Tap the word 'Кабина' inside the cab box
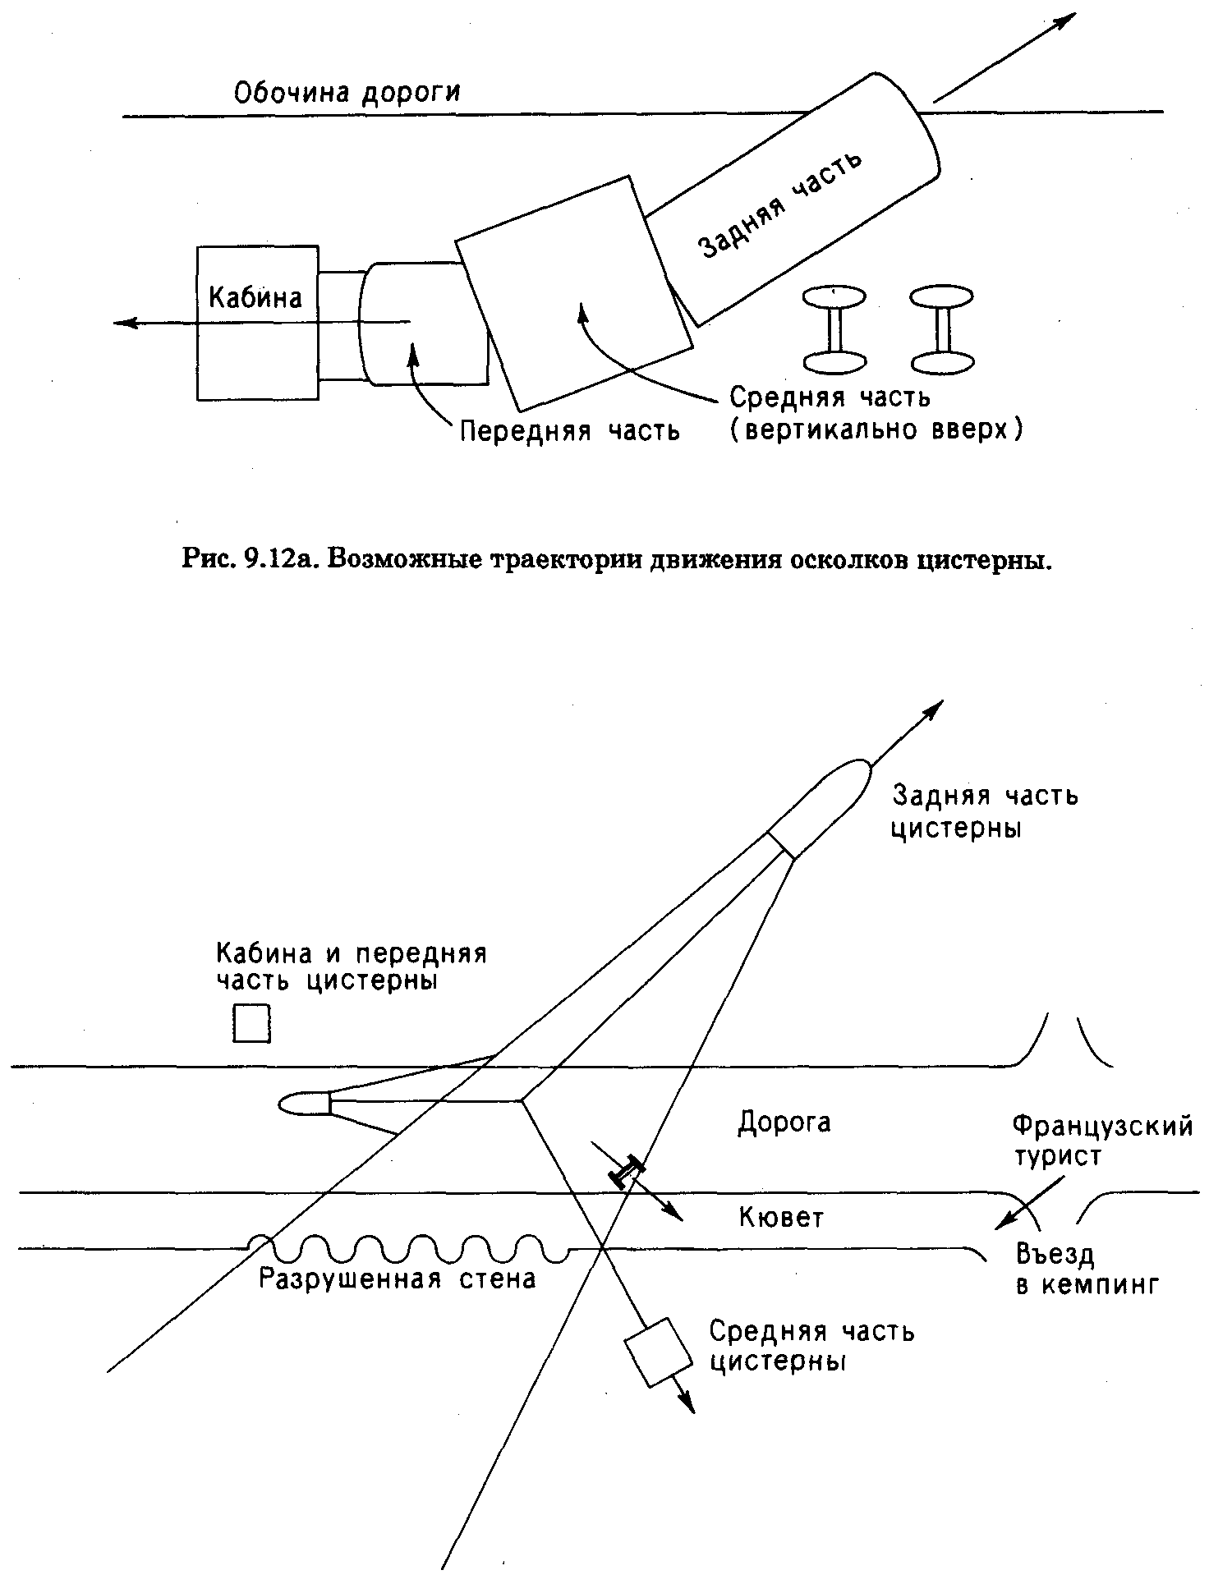pos(255,296)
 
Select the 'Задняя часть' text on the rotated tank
pos(780,204)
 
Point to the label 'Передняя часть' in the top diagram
pos(569,430)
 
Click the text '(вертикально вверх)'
pos(876,429)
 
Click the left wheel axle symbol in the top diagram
pos(834,328)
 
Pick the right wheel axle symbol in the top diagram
pos(943,328)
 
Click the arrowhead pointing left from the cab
pos(125,322)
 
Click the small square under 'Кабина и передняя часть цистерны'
pos(252,1023)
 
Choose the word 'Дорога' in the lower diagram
pos(784,1122)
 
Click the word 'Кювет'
pos(781,1217)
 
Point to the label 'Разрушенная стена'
pos(398,1279)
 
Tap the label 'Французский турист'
pos(1102,1141)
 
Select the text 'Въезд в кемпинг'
pos(1087,1269)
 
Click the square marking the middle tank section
pos(659,1352)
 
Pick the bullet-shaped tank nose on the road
pos(305,1104)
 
